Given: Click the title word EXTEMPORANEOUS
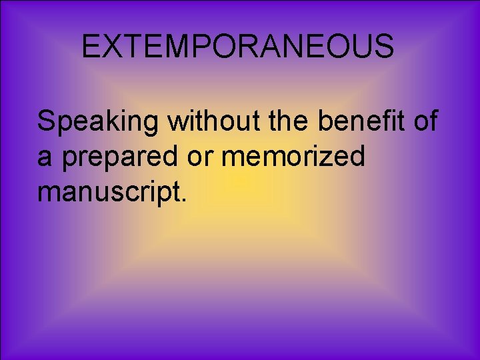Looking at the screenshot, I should tap(237, 47).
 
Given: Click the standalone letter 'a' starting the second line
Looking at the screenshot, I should tap(44, 158).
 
